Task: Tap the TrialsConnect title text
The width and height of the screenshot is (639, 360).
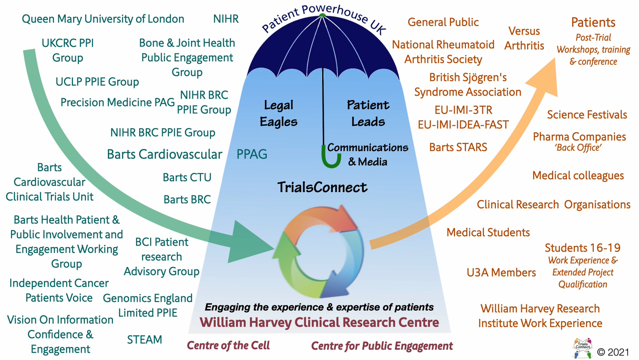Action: pyautogui.click(x=322, y=187)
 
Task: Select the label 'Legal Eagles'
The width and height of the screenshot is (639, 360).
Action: pyautogui.click(x=278, y=113)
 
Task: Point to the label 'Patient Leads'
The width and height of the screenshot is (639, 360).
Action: pyautogui.click(x=368, y=113)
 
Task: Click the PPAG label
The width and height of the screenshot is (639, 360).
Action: pyautogui.click(x=252, y=154)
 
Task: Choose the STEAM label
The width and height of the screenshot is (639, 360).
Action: pyautogui.click(x=144, y=339)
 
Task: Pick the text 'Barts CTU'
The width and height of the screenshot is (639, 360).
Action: pyautogui.click(x=187, y=177)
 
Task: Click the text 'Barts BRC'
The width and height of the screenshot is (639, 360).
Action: pyautogui.click(x=187, y=199)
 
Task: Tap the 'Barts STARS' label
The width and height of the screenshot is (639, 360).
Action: pyautogui.click(x=458, y=147)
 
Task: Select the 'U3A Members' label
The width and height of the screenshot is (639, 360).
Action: pyautogui.click(x=501, y=273)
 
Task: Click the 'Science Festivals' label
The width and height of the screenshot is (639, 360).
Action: pyautogui.click(x=587, y=115)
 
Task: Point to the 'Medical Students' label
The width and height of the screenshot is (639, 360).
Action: pyautogui.click(x=488, y=233)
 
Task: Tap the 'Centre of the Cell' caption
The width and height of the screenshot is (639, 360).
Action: pyautogui.click(x=228, y=346)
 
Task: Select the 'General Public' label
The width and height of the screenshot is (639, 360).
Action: pyautogui.click(x=443, y=22)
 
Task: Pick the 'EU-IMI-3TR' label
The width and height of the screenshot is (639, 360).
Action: pyautogui.click(x=463, y=110)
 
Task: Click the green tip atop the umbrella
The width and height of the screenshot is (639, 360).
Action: pyautogui.click(x=322, y=15)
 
